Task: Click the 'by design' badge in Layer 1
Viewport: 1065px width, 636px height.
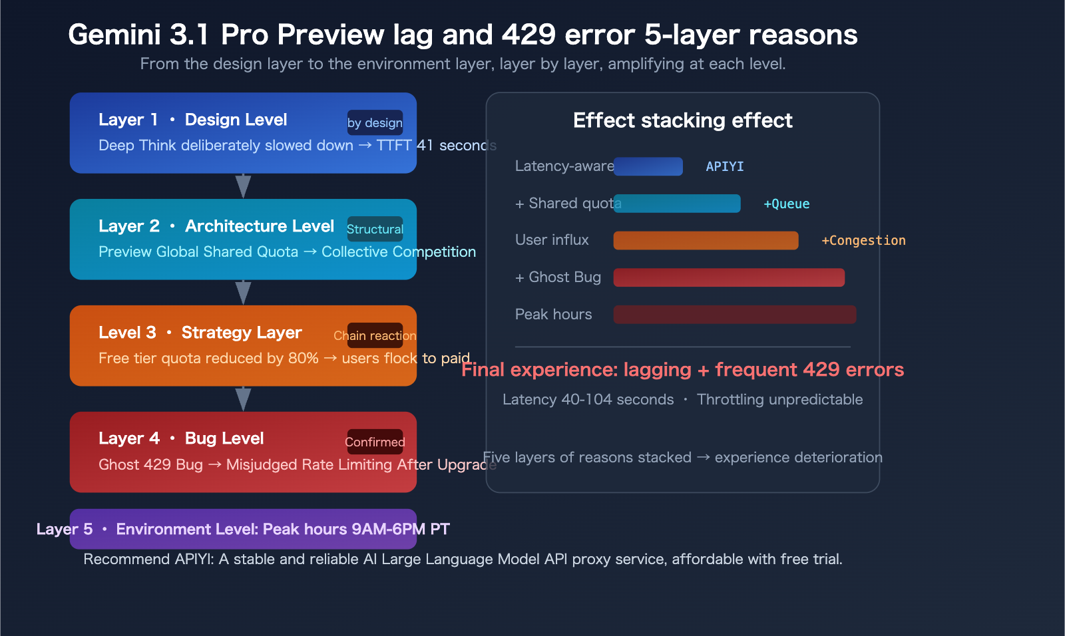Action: pyautogui.click(x=375, y=122)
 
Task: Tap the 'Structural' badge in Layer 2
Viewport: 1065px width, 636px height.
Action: pyautogui.click(x=375, y=229)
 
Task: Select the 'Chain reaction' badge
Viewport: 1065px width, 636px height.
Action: pyautogui.click(x=375, y=335)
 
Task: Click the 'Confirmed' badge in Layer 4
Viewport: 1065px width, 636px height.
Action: pyautogui.click(x=375, y=442)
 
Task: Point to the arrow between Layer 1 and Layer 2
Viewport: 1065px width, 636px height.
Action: pyautogui.click(x=244, y=186)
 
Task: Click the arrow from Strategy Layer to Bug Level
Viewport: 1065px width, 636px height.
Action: pyautogui.click(x=244, y=399)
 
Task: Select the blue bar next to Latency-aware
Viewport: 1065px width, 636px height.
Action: pyautogui.click(x=648, y=166)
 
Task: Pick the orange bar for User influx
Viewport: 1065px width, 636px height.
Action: pyautogui.click(x=706, y=240)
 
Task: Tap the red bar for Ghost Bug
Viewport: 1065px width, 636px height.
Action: pyautogui.click(x=729, y=277)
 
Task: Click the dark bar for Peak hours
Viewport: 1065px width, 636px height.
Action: pyautogui.click(x=734, y=315)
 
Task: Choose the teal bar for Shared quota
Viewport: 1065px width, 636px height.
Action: pyautogui.click(x=677, y=204)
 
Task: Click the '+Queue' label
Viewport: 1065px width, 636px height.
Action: pyautogui.click(x=786, y=204)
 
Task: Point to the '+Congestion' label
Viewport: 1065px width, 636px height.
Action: pyautogui.click(x=863, y=240)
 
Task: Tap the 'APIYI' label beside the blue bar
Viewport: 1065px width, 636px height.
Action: pyautogui.click(x=724, y=166)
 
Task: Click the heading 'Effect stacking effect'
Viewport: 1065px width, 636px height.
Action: pyautogui.click(x=682, y=120)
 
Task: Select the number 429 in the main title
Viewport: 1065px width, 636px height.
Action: pyautogui.click(x=529, y=35)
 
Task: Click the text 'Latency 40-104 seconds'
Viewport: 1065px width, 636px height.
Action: pyautogui.click(x=588, y=399)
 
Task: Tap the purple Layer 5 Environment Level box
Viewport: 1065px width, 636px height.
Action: pyautogui.click(x=244, y=529)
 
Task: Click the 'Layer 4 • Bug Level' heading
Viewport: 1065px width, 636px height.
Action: pyautogui.click(x=181, y=438)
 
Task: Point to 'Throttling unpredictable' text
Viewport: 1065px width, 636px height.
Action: pyautogui.click(x=779, y=399)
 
